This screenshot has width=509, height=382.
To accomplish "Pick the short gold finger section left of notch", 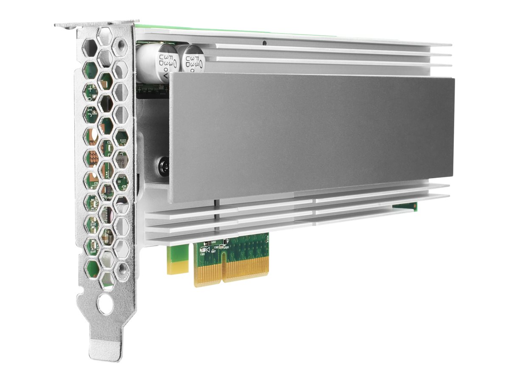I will [x=208, y=272].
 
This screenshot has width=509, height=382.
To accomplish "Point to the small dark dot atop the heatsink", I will [x=264, y=43].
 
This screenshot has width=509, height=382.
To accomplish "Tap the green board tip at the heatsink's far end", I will [x=405, y=206].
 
